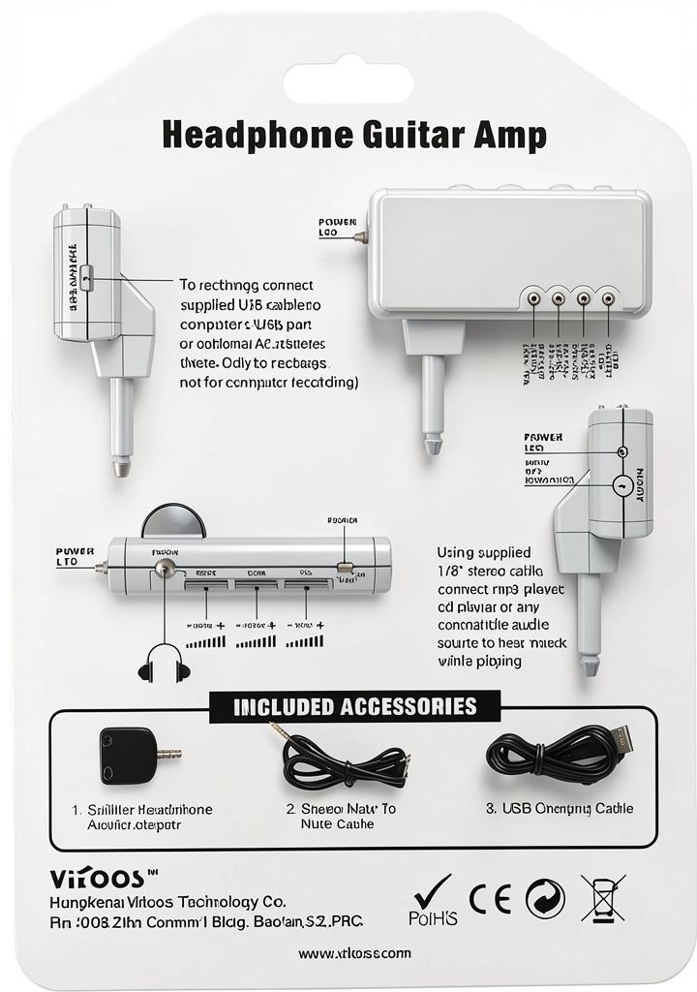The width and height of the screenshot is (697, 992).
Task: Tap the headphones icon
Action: tap(164, 664)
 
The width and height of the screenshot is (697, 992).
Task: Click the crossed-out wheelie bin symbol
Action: tap(602, 898)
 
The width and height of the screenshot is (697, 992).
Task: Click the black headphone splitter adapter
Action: tap(130, 756)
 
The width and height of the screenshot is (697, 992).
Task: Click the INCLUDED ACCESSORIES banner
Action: tap(355, 706)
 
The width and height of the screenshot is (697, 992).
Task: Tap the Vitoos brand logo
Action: tap(97, 878)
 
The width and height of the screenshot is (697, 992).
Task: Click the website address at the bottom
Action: tap(354, 953)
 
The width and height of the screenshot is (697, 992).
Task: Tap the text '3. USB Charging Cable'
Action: tap(560, 808)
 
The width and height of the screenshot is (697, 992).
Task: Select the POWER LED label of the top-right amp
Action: tap(330, 228)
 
